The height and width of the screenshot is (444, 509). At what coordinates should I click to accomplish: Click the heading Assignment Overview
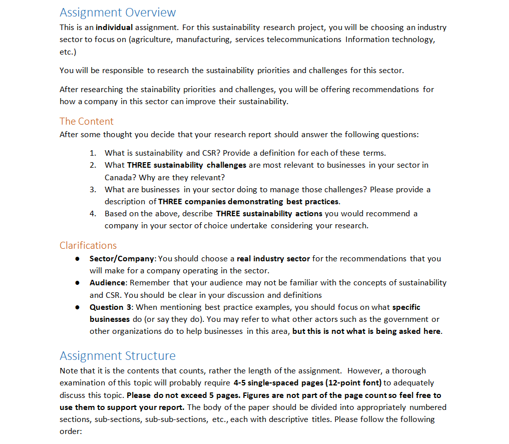pyautogui.click(x=118, y=13)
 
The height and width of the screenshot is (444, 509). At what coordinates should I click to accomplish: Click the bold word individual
pyautogui.click(x=114, y=28)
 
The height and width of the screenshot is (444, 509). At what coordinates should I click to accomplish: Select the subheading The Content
pyautogui.click(x=86, y=121)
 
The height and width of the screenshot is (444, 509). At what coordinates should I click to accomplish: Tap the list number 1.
pyautogui.click(x=93, y=153)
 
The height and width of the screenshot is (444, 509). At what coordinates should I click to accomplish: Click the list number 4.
pyautogui.click(x=93, y=214)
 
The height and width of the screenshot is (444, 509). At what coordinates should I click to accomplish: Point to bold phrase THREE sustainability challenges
pyautogui.click(x=187, y=165)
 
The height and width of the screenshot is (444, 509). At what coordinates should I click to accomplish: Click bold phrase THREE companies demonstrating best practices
pyautogui.click(x=249, y=202)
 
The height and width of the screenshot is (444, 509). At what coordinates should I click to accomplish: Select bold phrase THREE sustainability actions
pyautogui.click(x=269, y=214)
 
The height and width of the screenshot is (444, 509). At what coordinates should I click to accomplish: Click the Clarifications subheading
pyautogui.click(x=88, y=245)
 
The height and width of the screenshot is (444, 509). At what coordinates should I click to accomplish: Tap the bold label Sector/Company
pyautogui.click(x=122, y=259)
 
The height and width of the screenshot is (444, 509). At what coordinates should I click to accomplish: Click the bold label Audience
pyautogui.click(x=108, y=283)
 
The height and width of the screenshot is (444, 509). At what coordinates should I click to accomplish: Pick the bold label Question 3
pyautogui.click(x=111, y=307)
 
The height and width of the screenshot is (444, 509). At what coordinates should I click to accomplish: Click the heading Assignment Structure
pyautogui.click(x=118, y=356)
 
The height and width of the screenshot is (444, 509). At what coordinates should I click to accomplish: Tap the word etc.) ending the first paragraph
pyautogui.click(x=68, y=52)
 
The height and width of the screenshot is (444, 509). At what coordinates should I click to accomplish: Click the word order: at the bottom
pyautogui.click(x=71, y=431)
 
